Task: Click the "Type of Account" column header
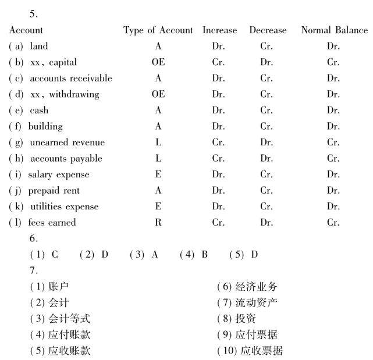(158, 30)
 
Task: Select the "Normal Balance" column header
(334, 30)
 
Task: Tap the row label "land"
(39, 46)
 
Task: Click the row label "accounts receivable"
(70, 78)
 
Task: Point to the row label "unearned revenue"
(67, 142)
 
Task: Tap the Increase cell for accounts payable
(219, 158)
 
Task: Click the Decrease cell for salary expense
(267, 174)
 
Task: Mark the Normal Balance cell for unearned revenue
(333, 142)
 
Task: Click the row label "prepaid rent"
(54, 190)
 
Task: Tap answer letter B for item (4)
(204, 255)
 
